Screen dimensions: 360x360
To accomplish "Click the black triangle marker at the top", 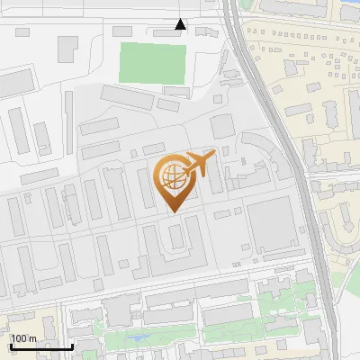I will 181,24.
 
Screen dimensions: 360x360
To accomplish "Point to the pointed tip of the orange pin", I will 173,211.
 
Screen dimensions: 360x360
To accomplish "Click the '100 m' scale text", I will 23,337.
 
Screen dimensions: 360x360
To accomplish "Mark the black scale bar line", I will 41,346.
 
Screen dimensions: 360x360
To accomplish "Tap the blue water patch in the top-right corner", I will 346,9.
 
